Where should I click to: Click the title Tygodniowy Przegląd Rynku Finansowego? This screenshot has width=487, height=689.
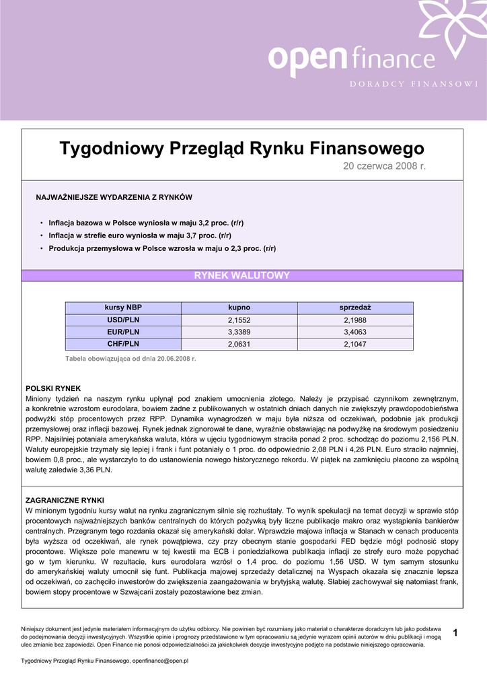coord(242,148)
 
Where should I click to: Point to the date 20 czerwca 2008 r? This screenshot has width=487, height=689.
coord(385,166)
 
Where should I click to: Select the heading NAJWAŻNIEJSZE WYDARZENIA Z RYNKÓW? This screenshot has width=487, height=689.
coord(114,197)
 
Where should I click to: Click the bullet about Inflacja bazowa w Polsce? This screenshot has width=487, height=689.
coord(146,223)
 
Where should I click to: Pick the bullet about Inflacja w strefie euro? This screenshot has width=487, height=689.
coord(140,235)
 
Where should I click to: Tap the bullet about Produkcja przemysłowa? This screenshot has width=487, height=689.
coord(162,248)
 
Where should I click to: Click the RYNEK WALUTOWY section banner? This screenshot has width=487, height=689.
coord(242,275)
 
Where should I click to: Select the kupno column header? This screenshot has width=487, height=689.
coord(239,307)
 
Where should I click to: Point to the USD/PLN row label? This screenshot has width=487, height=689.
coord(123,320)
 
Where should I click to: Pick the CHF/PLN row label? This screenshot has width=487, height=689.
coord(123,344)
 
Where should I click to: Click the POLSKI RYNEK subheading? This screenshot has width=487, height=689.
coord(53,388)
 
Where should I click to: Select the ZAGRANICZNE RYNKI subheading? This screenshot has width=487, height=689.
coord(65,501)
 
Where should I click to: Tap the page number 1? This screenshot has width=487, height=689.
coord(455,632)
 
